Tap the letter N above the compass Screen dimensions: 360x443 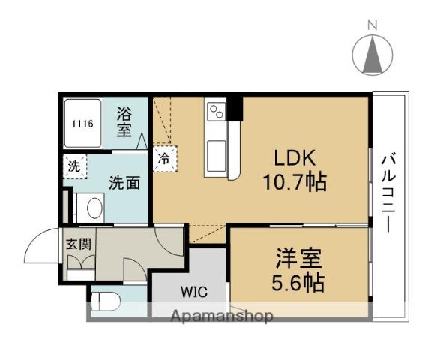click(372, 25)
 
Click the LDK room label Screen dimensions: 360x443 click(295, 159)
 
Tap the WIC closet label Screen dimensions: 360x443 click(192, 292)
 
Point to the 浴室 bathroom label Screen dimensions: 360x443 click(124, 122)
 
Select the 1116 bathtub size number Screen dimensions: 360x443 click(82, 124)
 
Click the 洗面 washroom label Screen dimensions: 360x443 click(124, 181)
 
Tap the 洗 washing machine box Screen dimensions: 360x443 click(74, 166)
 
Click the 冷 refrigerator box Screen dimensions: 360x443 click(163, 158)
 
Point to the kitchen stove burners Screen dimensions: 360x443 click(216, 111)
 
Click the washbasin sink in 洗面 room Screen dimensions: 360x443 click(94, 206)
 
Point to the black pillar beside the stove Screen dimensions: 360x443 click(235, 109)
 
